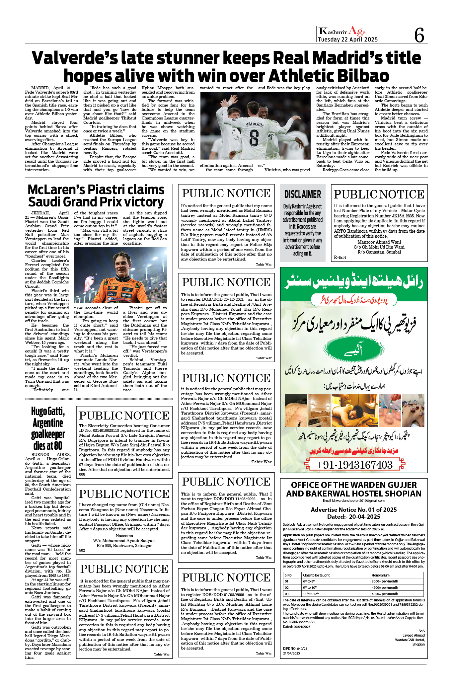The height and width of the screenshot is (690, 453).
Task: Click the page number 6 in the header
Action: (419, 35)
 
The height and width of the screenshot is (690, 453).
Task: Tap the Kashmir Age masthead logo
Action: (342, 31)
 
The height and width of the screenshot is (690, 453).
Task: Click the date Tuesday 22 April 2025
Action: (347, 39)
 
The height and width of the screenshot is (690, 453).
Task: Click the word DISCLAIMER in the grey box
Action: (303, 194)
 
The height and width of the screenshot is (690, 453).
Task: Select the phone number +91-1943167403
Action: (354, 465)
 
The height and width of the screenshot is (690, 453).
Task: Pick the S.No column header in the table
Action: (288, 575)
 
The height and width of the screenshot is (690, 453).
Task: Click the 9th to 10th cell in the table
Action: (309, 587)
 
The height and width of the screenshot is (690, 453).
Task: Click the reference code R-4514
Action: (340, 257)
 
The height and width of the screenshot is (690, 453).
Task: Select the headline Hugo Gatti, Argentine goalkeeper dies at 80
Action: (48, 428)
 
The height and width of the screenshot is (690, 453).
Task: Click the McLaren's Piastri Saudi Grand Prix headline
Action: (96, 196)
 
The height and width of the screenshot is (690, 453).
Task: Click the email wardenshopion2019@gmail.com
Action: (353, 500)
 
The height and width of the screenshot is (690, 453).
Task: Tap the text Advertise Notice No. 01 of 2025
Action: (354, 509)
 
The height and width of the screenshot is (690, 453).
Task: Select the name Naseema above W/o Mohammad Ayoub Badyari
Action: (124, 535)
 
